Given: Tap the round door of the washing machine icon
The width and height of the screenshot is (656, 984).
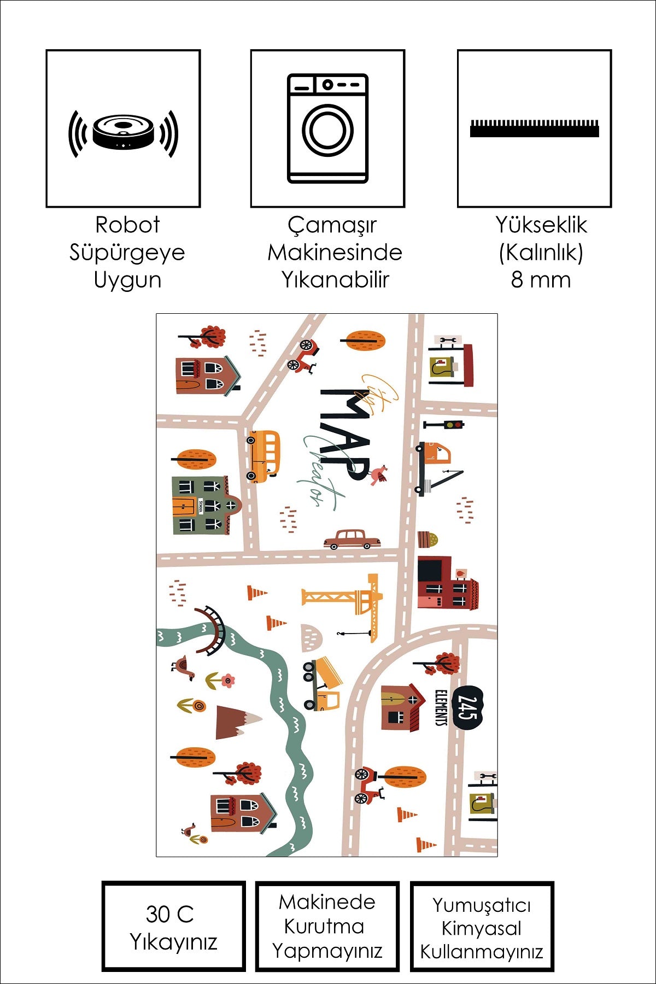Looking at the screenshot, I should point(327,130).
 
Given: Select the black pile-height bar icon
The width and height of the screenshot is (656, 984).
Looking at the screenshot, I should point(534,129).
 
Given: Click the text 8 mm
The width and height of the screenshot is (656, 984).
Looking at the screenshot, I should point(541,280).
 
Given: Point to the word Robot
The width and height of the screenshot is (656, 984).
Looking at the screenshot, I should point(127,225).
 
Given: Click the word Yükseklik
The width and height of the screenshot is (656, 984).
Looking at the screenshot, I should point(541,225).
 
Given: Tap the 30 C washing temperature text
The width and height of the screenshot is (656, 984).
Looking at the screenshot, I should point(169,914).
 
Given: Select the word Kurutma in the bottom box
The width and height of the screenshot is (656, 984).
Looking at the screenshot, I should point(324,926).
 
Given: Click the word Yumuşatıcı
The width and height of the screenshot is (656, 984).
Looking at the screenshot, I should point(481,905).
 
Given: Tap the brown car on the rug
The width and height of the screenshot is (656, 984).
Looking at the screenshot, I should point(352,539).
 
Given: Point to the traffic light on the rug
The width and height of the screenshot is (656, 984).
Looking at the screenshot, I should point(444,425).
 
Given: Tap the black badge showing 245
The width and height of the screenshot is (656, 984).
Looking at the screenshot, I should point(468,708).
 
